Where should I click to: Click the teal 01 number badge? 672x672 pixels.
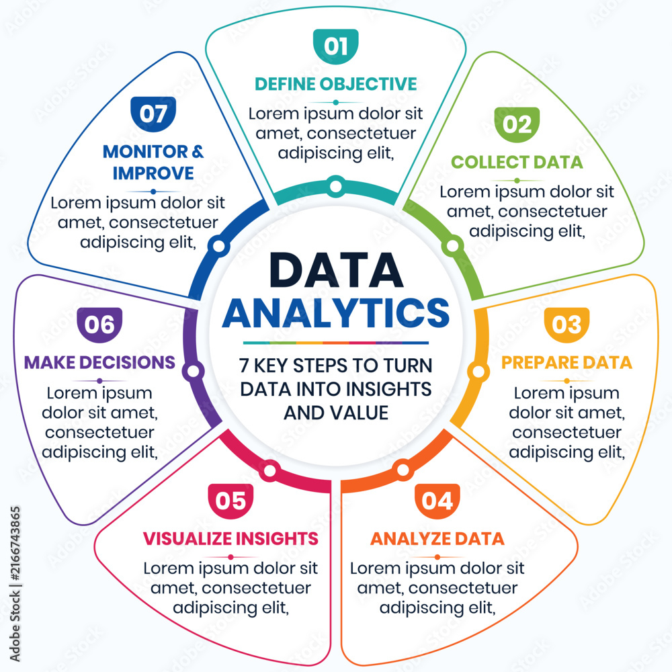(x=335, y=46)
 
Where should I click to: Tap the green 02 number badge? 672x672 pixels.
(x=517, y=125)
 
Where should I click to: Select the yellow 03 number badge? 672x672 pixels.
(x=566, y=325)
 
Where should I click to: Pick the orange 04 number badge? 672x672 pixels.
(x=437, y=501)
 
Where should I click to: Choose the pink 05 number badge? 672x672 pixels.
(x=230, y=501)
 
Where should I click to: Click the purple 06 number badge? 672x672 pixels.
(x=99, y=325)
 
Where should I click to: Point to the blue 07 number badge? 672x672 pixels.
(x=153, y=114)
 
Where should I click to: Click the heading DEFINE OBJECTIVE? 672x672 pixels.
(x=335, y=84)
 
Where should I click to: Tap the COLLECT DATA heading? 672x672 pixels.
(x=517, y=163)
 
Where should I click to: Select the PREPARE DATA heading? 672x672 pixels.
(x=566, y=363)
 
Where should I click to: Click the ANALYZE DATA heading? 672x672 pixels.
(x=437, y=539)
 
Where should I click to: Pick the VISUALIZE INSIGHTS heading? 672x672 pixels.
(x=230, y=539)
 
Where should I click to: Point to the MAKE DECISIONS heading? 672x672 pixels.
(x=99, y=363)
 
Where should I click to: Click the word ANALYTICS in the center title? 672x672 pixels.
(x=336, y=313)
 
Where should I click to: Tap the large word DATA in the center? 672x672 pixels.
(x=336, y=270)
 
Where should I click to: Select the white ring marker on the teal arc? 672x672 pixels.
(x=336, y=186)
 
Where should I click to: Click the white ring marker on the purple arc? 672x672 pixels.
(x=193, y=371)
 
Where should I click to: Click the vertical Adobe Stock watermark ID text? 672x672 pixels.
(x=15, y=584)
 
